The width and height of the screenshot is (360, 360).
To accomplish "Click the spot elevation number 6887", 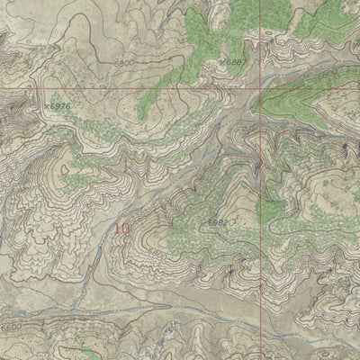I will pyautogui.click(x=235, y=61).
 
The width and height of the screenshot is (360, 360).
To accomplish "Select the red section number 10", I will pyautogui.click(x=121, y=229).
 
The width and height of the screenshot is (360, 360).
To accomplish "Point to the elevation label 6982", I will pyautogui.click(x=218, y=221).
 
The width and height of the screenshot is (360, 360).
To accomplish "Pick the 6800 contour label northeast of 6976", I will pyautogui.click(x=125, y=64).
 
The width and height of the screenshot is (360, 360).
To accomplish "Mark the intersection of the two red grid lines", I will pyautogui.click(x=262, y=90).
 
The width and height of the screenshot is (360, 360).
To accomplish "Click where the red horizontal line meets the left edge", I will pyautogui.click(x=0, y=89).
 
